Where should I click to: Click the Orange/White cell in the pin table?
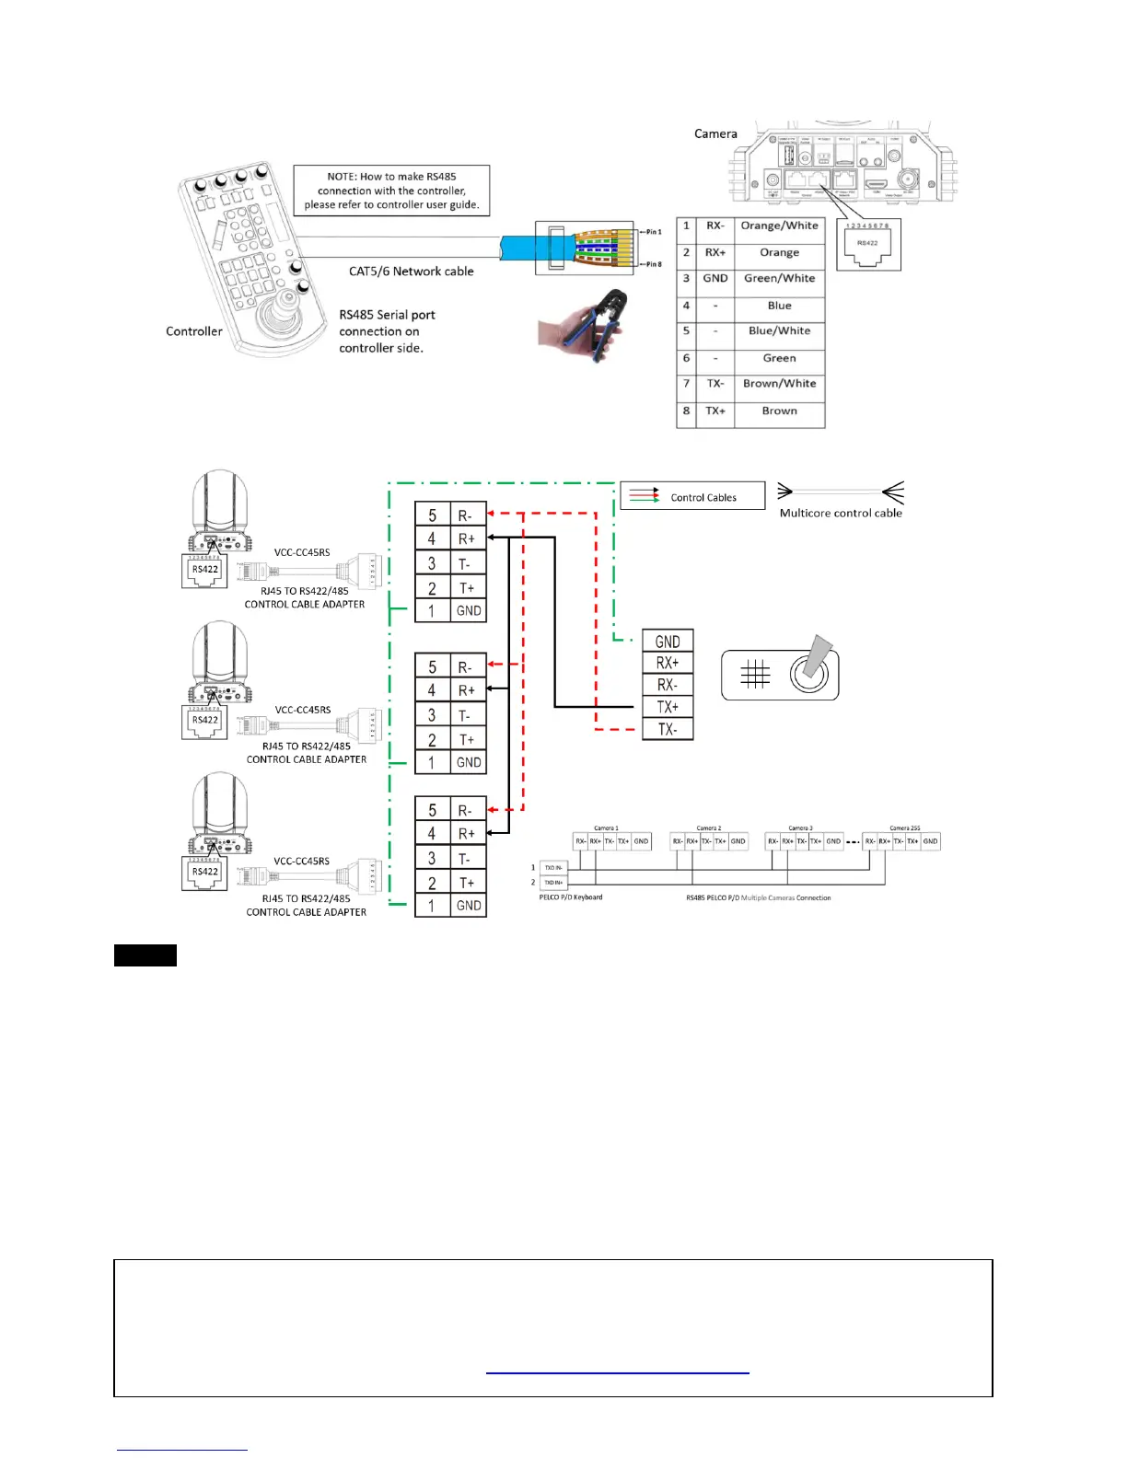coord(779,226)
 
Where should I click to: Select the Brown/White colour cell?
coord(779,384)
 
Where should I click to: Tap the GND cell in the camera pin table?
coord(715,278)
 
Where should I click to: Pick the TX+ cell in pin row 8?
coord(715,411)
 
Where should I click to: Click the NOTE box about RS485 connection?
coord(391,191)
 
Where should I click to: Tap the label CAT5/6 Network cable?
coord(411,272)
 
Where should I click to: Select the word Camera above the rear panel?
coord(715,133)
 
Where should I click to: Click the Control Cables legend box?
coord(692,497)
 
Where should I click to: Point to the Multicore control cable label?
coord(841,514)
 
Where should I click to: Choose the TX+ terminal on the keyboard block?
coord(668,707)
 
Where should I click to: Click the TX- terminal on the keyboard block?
coord(668,729)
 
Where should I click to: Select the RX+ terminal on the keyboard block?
coord(668,663)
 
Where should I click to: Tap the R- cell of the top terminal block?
coord(467,516)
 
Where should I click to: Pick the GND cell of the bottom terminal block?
coord(468,906)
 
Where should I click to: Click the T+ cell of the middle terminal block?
coord(467,739)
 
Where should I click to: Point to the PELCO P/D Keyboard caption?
coord(571,897)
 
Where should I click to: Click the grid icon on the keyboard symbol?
coord(755,675)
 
